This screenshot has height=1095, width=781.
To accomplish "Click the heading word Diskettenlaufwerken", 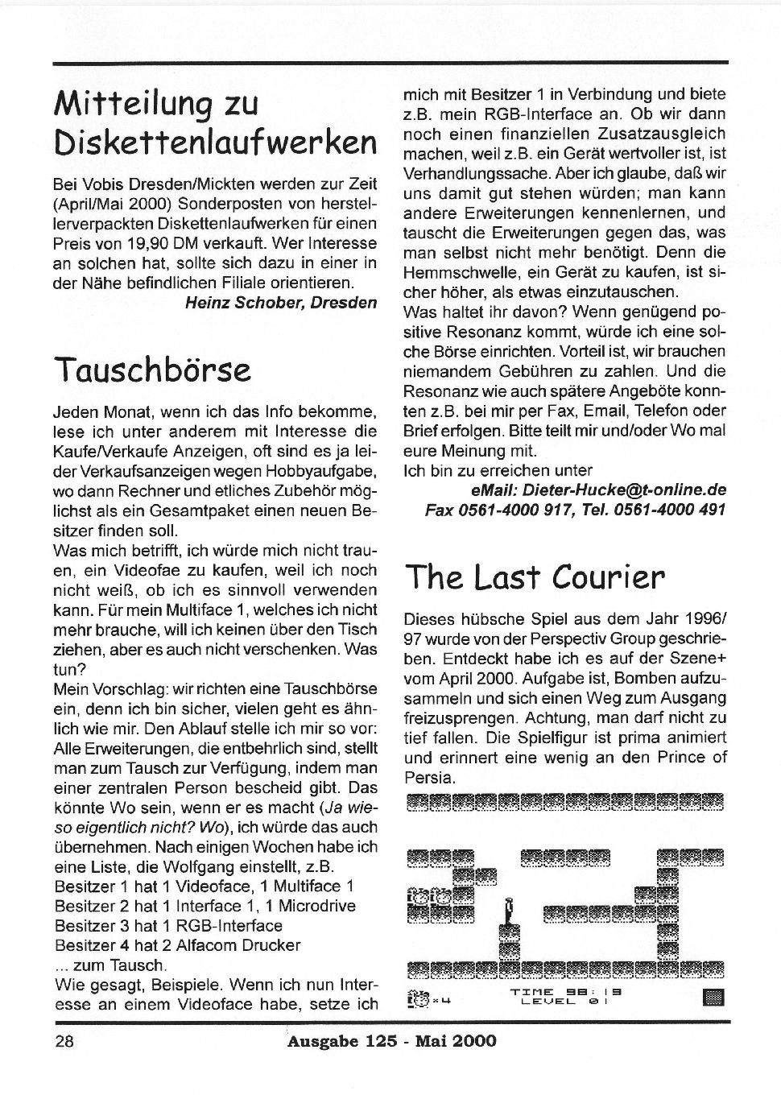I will point(215,143).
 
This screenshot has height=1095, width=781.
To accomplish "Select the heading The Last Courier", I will point(535,576).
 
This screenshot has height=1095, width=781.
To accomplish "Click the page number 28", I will point(64,1040).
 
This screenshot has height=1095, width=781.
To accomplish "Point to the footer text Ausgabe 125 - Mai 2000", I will point(391,1040).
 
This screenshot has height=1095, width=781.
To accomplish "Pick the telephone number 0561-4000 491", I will point(673,510).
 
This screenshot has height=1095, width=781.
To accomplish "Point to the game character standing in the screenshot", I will point(508,912).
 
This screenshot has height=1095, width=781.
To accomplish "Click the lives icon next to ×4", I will point(418,998).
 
